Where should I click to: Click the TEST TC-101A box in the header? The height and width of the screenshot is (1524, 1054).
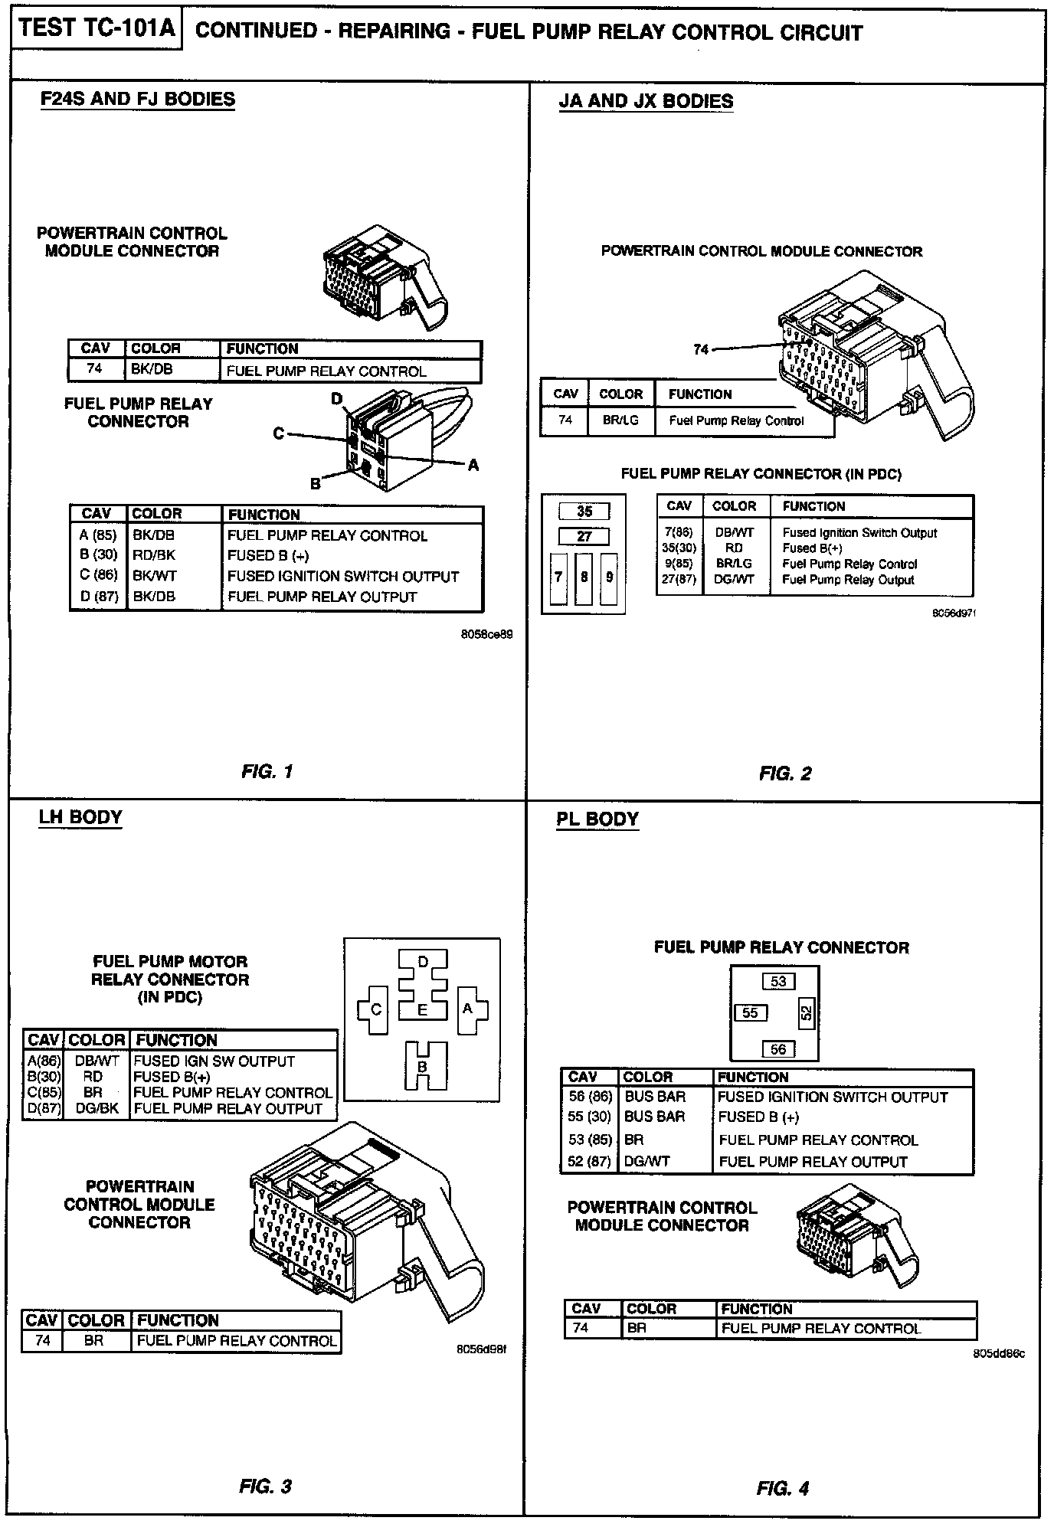pos(97,29)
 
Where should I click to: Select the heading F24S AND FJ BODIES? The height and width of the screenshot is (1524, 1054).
pos(137,100)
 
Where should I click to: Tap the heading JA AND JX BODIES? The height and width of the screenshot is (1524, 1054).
pos(646,101)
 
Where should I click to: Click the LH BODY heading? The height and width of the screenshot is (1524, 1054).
pos(80,817)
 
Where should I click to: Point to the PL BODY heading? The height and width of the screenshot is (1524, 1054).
pos(597,819)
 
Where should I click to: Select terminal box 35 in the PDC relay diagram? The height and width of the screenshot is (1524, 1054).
pos(584,512)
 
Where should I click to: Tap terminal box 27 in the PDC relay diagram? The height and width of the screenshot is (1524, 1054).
pos(584,536)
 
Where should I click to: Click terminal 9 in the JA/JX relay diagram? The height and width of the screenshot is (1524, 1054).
pos(610,577)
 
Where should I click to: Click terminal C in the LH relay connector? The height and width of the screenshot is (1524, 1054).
pos(375,1009)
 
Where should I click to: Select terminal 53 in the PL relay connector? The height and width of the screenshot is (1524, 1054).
pos(778,982)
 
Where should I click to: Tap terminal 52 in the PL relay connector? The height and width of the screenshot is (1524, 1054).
pos(806,1013)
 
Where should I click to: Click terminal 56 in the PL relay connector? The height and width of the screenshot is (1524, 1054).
pos(778,1049)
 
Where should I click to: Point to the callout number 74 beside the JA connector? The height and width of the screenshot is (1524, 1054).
pos(701,349)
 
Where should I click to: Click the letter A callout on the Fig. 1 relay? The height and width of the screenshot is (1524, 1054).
pos(473,465)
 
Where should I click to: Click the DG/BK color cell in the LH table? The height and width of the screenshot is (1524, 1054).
pos(97,1108)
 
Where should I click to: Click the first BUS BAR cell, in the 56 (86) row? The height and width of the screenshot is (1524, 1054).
pos(655,1097)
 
